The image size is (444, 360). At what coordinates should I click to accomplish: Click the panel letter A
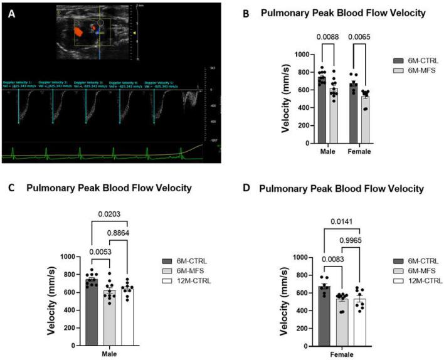11,13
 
